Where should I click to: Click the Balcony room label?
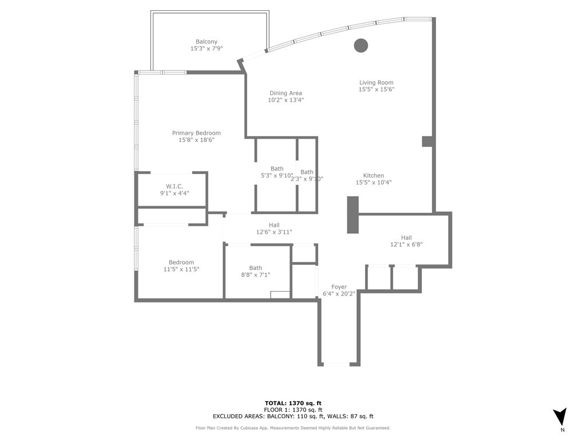pyautogui.click(x=207, y=41)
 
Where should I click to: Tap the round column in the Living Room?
pyautogui.click(x=361, y=45)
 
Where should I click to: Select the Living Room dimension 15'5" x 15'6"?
pyautogui.click(x=376, y=89)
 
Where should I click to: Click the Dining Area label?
pyautogui.click(x=286, y=93)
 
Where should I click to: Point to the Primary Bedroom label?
pyautogui.click(x=196, y=133)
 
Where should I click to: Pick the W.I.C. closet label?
pyautogui.click(x=175, y=186)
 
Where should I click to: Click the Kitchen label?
pyautogui.click(x=373, y=175)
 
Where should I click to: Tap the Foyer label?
pyautogui.click(x=339, y=286)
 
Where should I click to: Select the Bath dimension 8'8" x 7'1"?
pyautogui.click(x=255, y=275)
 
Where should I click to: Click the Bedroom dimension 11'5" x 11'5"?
pyautogui.click(x=181, y=269)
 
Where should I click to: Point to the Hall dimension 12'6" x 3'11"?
pyautogui.click(x=274, y=232)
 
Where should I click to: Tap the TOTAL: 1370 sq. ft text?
pyautogui.click(x=293, y=403)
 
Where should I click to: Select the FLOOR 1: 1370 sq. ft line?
pyautogui.click(x=293, y=410)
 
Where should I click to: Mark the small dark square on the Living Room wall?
pyautogui.click(x=427, y=141)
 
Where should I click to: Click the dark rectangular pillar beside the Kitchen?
pyautogui.click(x=353, y=215)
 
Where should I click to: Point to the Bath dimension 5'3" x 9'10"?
pyautogui.click(x=277, y=176)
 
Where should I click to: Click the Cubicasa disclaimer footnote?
pyautogui.click(x=293, y=428)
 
